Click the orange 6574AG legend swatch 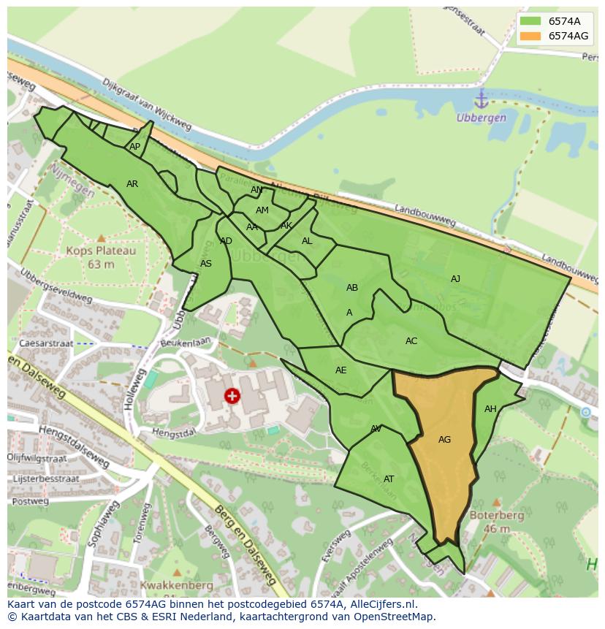click(x=531, y=36)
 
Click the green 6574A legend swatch click(x=531, y=21)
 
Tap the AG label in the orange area click(x=444, y=440)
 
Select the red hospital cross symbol click(x=232, y=396)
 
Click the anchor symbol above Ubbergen click(x=481, y=99)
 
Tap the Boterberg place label click(x=497, y=514)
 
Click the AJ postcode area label click(x=455, y=279)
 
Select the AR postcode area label click(x=132, y=184)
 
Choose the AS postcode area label click(x=206, y=264)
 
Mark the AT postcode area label click(x=389, y=479)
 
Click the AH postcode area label click(x=490, y=409)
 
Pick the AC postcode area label click(x=411, y=341)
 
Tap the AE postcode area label click(x=341, y=370)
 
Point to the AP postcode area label click(x=134, y=147)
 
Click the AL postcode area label click(x=307, y=241)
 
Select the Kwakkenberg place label click(x=171, y=585)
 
